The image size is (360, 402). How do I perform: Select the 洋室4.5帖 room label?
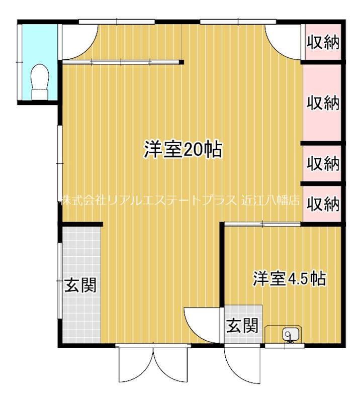tap(289, 278)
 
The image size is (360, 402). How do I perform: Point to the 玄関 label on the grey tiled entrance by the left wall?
tap(80, 285)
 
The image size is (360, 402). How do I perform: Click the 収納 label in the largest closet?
tap(323, 104)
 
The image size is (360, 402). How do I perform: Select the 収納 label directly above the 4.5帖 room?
tap(323, 204)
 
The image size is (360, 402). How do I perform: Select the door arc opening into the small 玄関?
tap(201, 324)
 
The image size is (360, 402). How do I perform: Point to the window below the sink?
tap(284, 346)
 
